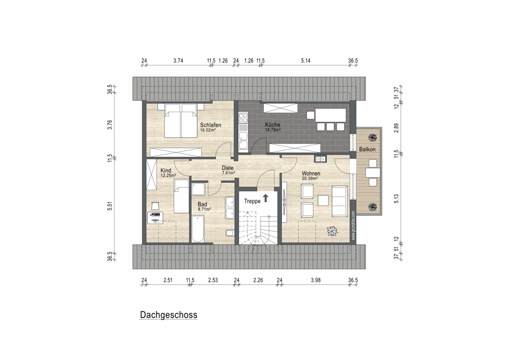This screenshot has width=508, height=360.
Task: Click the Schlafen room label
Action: [x=211, y=125]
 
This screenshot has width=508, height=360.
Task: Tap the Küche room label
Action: [x=272, y=124]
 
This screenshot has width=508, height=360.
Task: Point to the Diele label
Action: [x=228, y=168]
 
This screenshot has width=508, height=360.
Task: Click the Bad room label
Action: [x=202, y=204]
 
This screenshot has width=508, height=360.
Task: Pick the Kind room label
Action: [x=166, y=171]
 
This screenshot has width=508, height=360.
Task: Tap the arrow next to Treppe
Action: [x=266, y=198]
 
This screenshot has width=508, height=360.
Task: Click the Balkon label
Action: [x=367, y=149]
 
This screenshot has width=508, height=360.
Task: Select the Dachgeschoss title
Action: [x=169, y=315]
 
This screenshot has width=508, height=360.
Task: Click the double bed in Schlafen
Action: [x=181, y=120]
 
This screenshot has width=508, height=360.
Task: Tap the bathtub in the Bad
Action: [x=198, y=229]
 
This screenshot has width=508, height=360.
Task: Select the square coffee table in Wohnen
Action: [x=323, y=201]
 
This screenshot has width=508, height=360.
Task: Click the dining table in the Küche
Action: [x=331, y=115]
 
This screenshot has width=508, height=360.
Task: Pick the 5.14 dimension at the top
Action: [x=305, y=60]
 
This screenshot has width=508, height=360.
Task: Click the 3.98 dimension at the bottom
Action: [x=315, y=280]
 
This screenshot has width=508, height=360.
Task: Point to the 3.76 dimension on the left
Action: [x=110, y=125]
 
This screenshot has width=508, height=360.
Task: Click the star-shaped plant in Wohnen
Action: [x=332, y=232]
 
